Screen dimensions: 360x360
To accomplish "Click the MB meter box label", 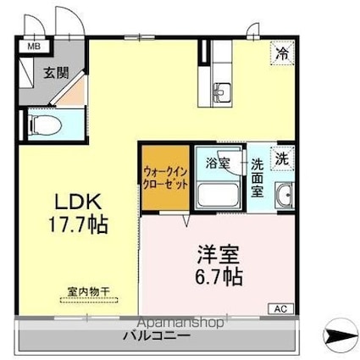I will click(33, 48).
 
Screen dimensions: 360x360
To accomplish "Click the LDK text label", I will click(79, 204).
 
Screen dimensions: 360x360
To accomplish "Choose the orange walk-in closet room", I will click(165, 177).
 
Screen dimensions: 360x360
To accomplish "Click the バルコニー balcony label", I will click(136, 336).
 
